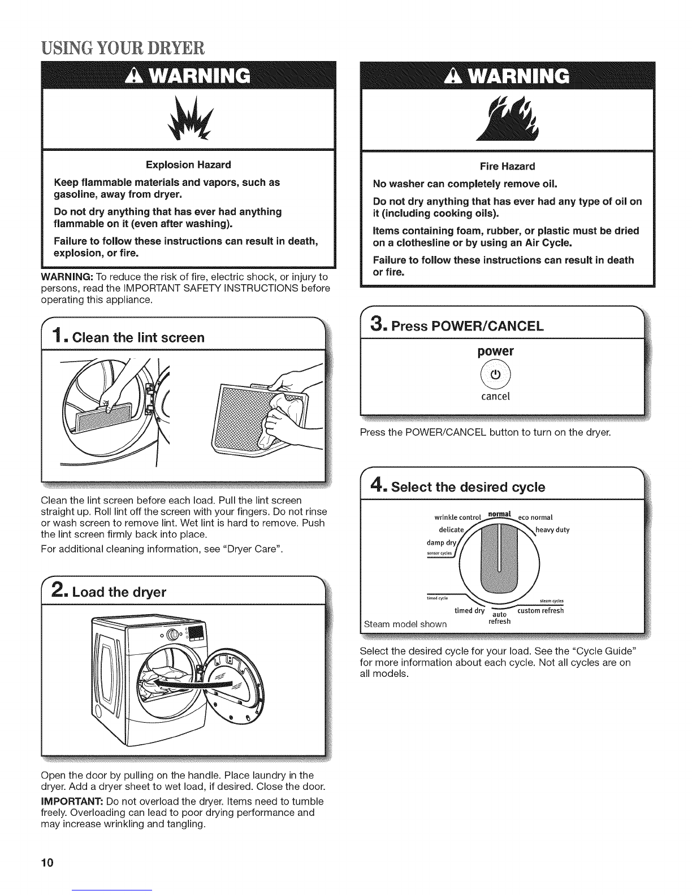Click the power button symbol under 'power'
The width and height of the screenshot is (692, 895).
(x=495, y=375)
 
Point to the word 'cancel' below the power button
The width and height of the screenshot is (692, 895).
(x=495, y=396)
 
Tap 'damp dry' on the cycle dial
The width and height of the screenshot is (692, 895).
(x=447, y=541)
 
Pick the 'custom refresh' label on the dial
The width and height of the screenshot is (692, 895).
(x=540, y=610)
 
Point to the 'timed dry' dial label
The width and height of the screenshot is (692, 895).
(x=470, y=610)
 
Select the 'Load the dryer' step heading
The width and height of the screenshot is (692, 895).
(x=121, y=592)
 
